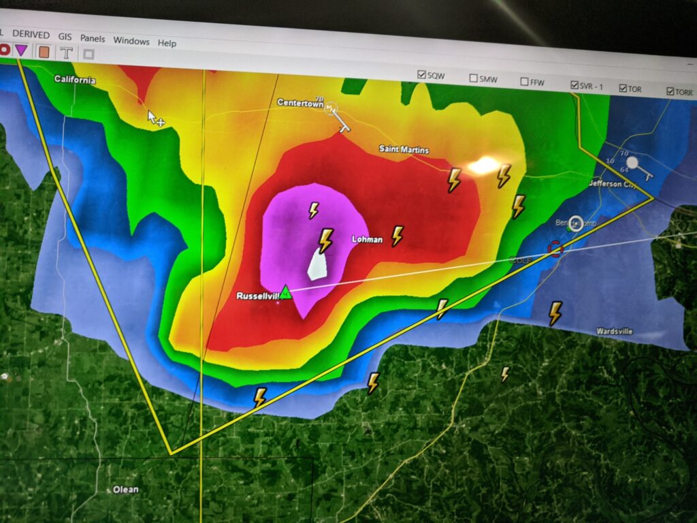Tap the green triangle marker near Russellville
(x=286, y=293)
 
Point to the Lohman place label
(x=367, y=240)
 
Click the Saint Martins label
(x=404, y=150)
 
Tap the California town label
(x=75, y=80)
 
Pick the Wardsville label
(x=615, y=332)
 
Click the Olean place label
(x=125, y=490)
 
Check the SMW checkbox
(x=473, y=78)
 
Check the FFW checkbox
(x=525, y=82)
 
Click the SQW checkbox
(x=422, y=75)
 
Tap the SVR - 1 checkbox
(x=575, y=85)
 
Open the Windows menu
(x=131, y=41)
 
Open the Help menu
(x=167, y=43)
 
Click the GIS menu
(x=65, y=37)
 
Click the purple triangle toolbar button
(x=22, y=49)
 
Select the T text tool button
(x=66, y=52)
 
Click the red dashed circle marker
(x=555, y=249)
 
